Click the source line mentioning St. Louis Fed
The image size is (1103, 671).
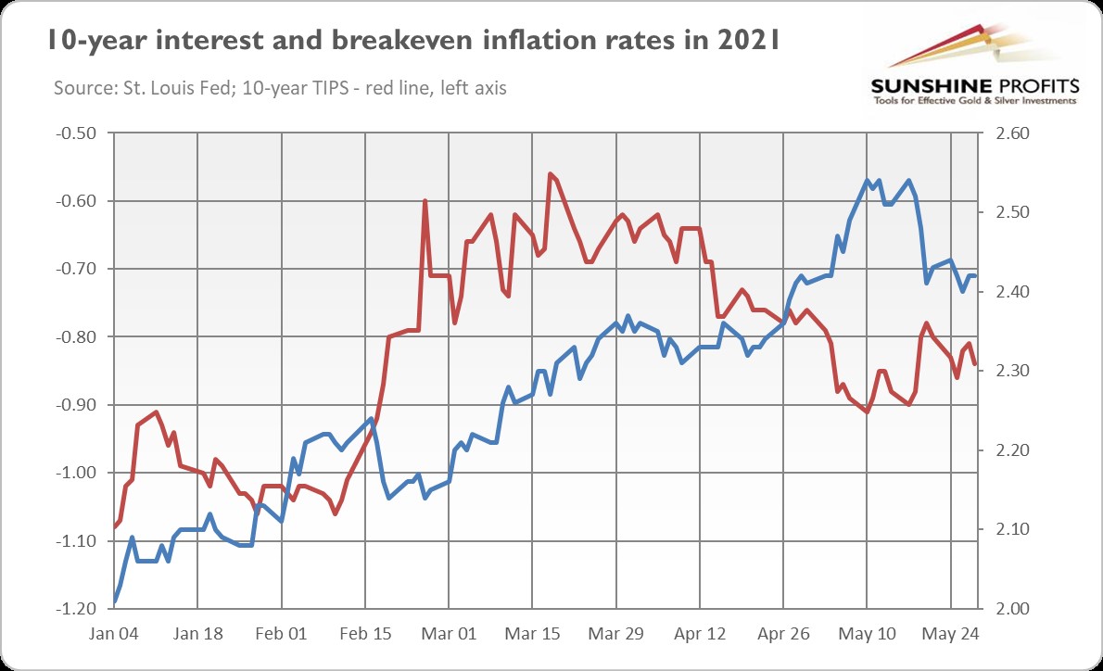click(x=274, y=88)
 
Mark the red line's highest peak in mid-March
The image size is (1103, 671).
click(x=551, y=173)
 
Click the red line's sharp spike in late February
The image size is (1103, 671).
click(x=425, y=201)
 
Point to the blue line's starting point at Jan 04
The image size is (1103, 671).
click(x=115, y=601)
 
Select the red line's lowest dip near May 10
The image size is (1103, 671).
click(x=867, y=411)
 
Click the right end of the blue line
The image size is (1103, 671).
click(x=975, y=275)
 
